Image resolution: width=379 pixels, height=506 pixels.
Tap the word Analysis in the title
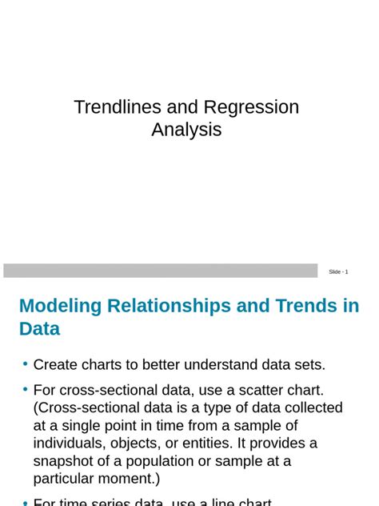[186, 130]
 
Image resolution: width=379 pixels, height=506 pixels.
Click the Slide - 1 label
[338, 272]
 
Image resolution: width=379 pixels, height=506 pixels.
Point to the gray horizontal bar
[160, 271]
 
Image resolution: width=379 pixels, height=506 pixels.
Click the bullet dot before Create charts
[26, 363]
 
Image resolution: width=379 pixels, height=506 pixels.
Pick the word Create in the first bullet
[54, 365]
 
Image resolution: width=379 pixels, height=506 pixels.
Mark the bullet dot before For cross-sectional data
[26, 389]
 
